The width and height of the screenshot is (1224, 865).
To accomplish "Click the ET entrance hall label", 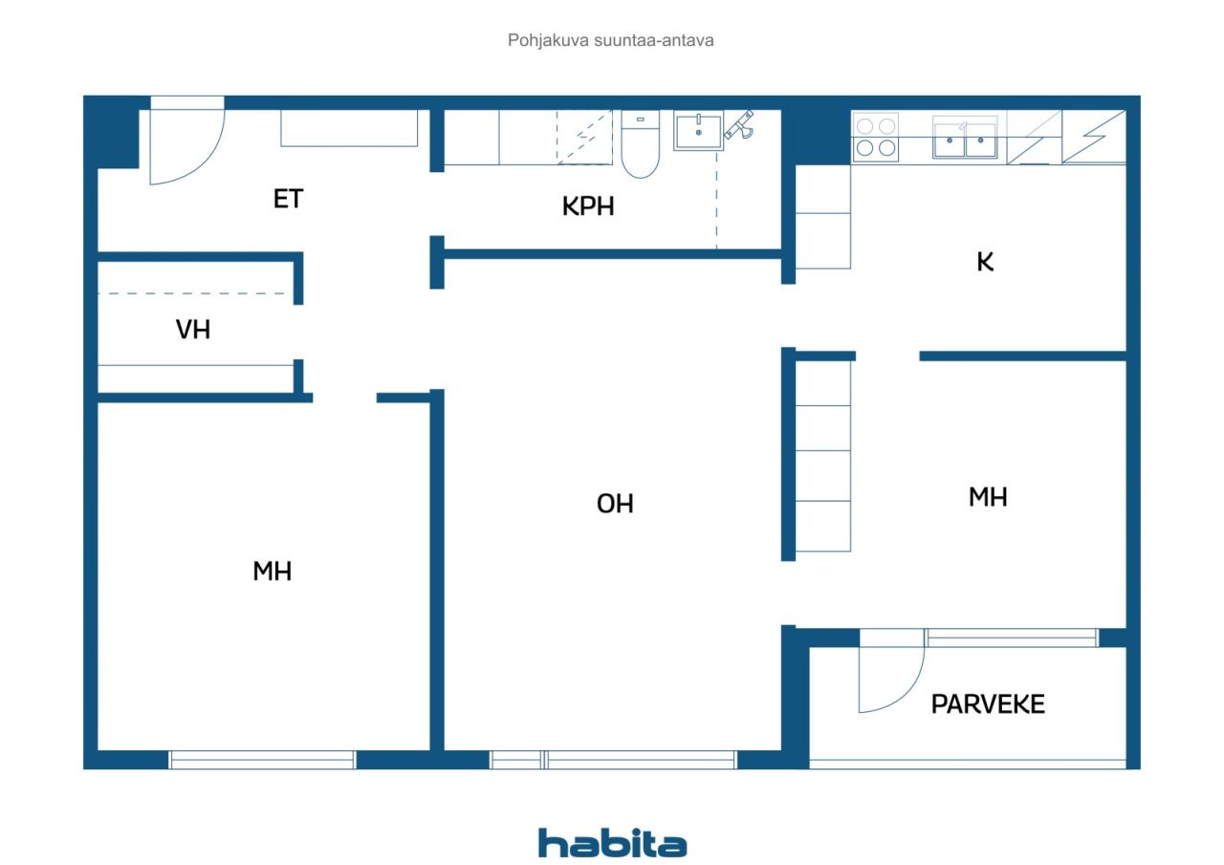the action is (288, 199).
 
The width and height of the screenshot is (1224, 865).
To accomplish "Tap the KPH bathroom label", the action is (588, 206).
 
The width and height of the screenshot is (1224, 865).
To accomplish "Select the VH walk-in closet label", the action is (193, 330).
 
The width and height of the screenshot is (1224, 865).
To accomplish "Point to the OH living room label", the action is (615, 504).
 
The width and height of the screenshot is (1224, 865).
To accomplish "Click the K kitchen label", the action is (985, 262).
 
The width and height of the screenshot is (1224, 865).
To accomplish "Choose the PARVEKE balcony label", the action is (988, 703).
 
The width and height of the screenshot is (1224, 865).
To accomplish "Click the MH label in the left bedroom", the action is (273, 572).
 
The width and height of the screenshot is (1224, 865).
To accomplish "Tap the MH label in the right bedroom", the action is (988, 497).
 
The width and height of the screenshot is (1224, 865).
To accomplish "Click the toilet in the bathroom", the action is (641, 144).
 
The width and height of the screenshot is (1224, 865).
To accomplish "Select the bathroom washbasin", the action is (698, 131).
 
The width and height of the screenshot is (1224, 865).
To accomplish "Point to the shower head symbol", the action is (739, 125).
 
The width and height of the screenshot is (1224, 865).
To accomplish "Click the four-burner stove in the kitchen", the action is (875, 137).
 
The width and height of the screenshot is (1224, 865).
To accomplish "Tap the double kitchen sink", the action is (965, 138).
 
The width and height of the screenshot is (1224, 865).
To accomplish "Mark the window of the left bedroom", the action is (262, 760).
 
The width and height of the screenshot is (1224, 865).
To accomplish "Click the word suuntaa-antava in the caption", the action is (653, 40).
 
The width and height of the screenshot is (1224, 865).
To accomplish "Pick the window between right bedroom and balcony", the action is (1012, 638).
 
